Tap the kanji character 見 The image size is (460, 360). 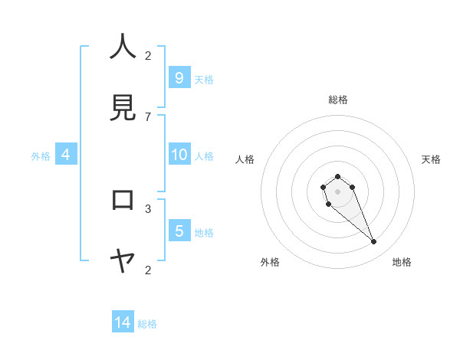click(123, 108)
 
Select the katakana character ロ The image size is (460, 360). click(123, 200)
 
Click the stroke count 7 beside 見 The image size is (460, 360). click(148, 116)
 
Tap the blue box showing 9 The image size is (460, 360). click(179, 77)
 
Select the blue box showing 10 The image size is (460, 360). click(179, 155)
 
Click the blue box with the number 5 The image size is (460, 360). click(179, 231)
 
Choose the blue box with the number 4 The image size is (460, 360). click(66, 155)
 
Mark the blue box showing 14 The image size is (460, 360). click(123, 322)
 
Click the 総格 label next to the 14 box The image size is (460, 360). click(147, 324)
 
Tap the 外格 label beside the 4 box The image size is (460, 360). click(41, 156)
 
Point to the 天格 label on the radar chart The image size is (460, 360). click(431, 159)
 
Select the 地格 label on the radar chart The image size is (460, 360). click(402, 262)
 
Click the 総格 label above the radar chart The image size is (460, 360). click(338, 100)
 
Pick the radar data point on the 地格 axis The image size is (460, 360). click(374, 242)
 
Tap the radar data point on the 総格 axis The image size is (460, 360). click(337, 177)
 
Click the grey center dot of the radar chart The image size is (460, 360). click(337, 191)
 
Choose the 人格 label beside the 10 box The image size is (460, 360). click(204, 156)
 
